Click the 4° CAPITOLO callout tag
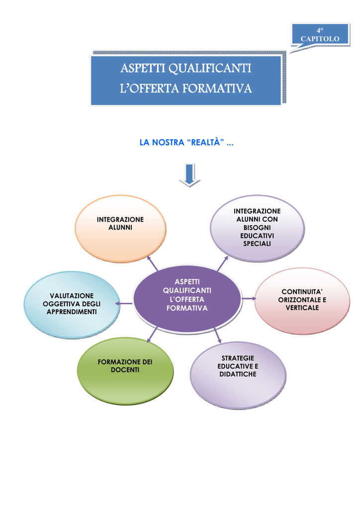point(320,34)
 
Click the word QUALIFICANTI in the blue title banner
point(210,68)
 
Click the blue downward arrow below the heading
point(189,175)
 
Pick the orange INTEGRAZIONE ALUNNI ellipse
point(120,229)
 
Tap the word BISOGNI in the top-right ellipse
point(257,228)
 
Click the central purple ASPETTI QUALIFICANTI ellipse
point(187,299)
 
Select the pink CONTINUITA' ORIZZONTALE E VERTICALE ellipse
point(302,301)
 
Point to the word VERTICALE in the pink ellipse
point(302,308)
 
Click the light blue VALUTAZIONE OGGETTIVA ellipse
point(72,305)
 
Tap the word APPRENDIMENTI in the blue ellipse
point(72,312)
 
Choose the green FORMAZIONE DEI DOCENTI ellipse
point(125,371)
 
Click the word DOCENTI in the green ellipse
point(125,370)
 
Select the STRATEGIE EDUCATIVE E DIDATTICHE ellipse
point(238,375)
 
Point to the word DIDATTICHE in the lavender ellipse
point(238,374)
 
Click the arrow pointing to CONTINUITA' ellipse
point(249,298)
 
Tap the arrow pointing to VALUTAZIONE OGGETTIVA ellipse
point(124,304)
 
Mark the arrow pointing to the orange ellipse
point(153,263)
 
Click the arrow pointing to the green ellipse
point(152,335)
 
